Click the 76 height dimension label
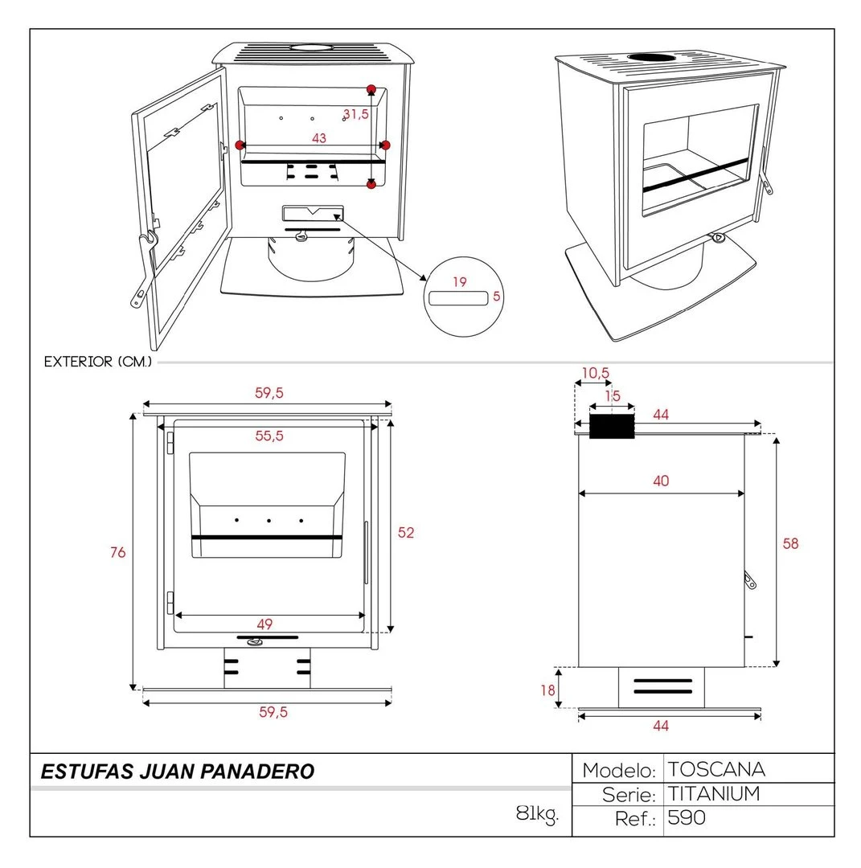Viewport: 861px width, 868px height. pos(118,553)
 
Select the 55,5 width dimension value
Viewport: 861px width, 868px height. pos(269,436)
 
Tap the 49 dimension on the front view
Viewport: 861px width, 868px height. pos(264,624)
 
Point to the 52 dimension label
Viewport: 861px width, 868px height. pos(406,533)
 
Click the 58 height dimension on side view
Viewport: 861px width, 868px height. pos(791,544)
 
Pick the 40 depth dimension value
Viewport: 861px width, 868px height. pos(661,481)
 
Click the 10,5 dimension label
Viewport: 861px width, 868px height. pos(596,373)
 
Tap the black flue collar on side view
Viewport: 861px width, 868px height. pos(612,426)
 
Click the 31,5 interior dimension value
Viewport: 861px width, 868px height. pos(355,114)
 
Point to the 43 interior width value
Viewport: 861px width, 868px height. pos(319,138)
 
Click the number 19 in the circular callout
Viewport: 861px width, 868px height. pos(459,282)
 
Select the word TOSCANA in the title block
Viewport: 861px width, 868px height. pos(716,769)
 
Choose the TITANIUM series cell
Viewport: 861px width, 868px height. pos(714,794)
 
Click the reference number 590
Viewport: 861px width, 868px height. pos(687,819)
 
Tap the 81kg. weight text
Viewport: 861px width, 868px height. pos(537,814)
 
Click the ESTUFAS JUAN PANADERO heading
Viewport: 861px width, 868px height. pos(177,772)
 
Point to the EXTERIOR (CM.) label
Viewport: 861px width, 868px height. pos(98,362)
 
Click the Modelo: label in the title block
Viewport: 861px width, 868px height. pos(619,770)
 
